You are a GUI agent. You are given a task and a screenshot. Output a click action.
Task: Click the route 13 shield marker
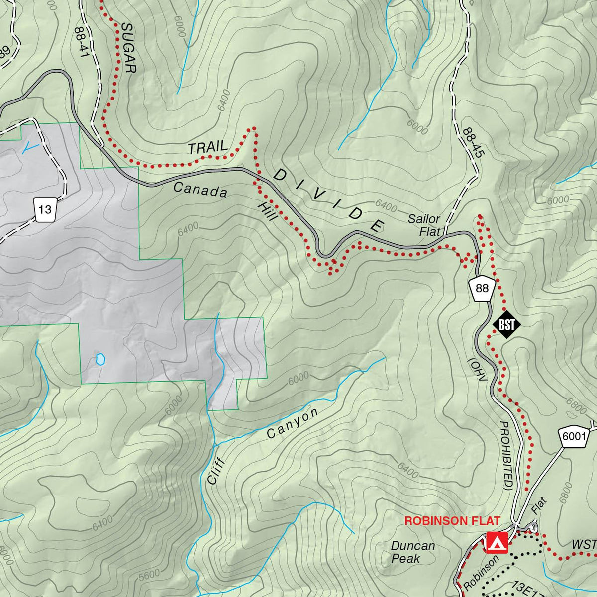coord(45,209)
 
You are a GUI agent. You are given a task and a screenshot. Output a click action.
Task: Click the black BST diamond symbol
coord(506,325)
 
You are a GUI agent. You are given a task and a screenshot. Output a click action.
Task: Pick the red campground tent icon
coord(496,543)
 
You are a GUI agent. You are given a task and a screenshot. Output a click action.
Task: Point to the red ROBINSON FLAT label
coord(452,521)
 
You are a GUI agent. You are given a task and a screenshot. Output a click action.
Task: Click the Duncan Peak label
coord(412,552)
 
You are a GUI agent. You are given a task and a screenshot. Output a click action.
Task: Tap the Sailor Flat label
coord(424,225)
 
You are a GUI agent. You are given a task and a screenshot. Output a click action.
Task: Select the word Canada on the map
coord(200,190)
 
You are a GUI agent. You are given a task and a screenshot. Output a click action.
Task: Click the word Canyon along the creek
coord(292,424)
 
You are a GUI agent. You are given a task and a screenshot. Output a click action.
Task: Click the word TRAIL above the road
coord(207,147)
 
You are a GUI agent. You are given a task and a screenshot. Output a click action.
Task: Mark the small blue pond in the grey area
coord(100,359)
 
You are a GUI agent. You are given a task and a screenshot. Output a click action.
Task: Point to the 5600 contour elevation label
coord(150,575)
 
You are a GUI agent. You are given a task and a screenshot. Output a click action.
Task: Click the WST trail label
coord(583,545)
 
